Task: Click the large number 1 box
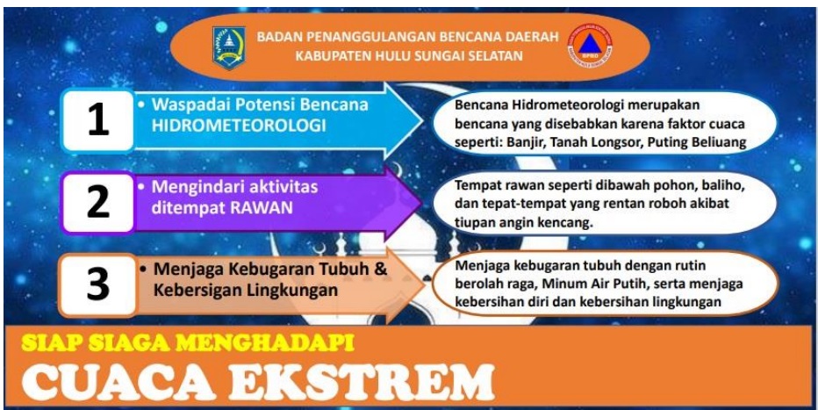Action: [98, 121]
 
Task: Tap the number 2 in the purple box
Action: [98, 203]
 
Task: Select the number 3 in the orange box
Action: [98, 284]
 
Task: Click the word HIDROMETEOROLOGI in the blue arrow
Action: [239, 126]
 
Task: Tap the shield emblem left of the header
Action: [228, 48]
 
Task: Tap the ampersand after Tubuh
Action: [381, 270]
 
